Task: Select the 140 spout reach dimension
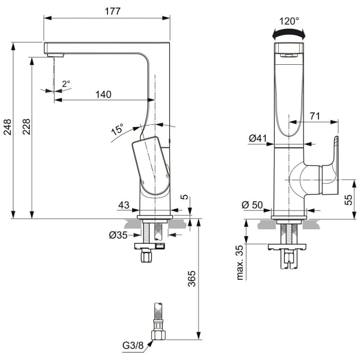coord(103,94)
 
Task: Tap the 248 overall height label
coord(7,128)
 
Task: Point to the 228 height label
coord(26,128)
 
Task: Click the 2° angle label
coord(66,83)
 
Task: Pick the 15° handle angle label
coord(117,130)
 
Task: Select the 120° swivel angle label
coord(289,21)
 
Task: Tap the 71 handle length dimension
coord(315,117)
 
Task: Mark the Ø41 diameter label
coord(258,138)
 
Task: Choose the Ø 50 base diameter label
coord(252,205)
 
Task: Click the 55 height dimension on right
coord(349,200)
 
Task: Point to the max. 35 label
coord(240,262)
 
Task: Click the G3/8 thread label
coord(133,345)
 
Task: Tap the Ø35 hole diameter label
coord(118,236)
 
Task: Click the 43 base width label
coord(124,205)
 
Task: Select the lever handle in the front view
coord(329,167)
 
